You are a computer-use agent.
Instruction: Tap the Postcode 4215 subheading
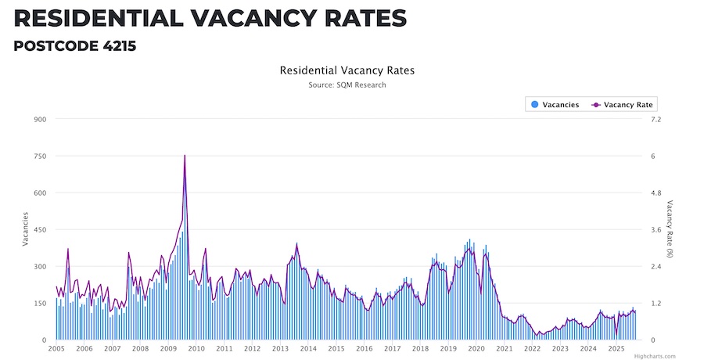75,46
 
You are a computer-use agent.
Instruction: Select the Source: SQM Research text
347,85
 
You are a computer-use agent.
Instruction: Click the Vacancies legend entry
555,104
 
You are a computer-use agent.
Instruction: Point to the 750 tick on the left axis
39,157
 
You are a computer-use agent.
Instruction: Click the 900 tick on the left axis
39,120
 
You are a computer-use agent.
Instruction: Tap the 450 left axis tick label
39,230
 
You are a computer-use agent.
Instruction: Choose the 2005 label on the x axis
56,348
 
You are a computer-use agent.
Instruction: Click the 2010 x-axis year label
196,348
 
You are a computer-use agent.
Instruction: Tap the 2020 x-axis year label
476,348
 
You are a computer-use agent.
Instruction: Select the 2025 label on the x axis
616,348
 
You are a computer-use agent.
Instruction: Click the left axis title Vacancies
25,229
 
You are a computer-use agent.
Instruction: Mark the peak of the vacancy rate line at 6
185,156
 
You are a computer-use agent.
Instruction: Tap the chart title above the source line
347,70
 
